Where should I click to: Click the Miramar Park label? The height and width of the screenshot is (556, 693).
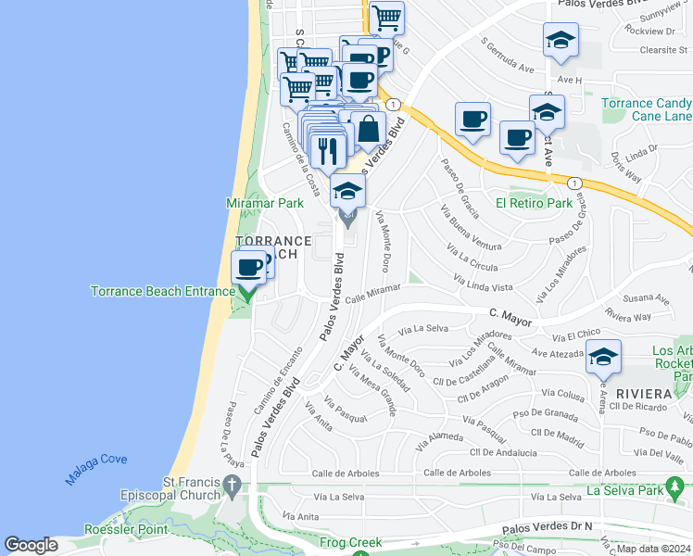coord(265,202)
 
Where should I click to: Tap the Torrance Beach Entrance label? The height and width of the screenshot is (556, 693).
coord(162,291)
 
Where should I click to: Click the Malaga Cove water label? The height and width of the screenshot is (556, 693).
coord(96,469)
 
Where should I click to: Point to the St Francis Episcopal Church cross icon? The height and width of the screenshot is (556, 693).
coord(233,485)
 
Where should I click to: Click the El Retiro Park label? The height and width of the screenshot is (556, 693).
coord(533,203)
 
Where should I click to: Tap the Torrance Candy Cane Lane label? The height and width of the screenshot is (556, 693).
coord(645,109)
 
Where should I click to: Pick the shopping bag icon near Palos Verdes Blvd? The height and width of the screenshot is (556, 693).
coord(369,129)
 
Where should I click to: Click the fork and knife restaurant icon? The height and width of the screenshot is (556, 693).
coord(327,150)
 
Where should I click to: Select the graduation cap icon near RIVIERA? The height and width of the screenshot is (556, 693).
coord(603,357)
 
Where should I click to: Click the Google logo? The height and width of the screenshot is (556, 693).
coord(31,545)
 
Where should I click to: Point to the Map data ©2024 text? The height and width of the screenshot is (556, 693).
coord(653,549)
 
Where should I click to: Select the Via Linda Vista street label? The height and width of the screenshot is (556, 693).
coord(483,284)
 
